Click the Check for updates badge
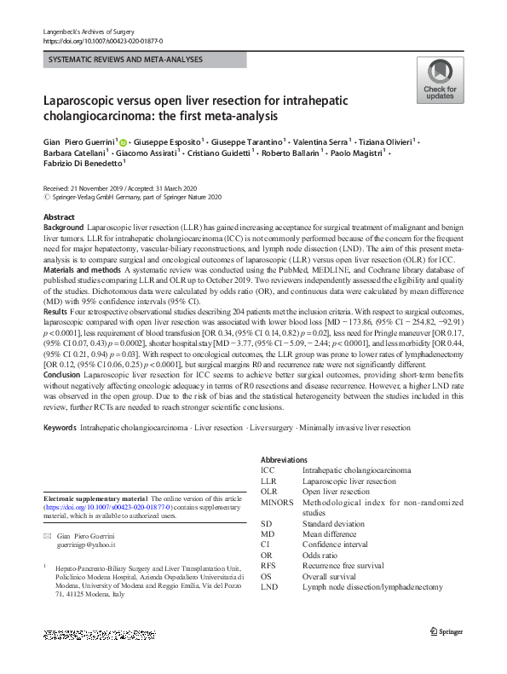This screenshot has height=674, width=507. [440, 81]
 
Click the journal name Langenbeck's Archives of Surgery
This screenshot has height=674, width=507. [85, 32]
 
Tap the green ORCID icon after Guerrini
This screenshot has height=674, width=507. [123, 142]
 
